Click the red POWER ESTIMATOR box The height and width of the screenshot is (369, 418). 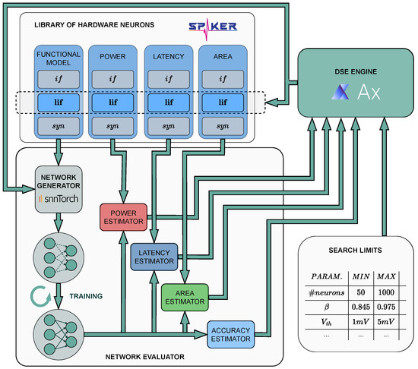click(x=122, y=216)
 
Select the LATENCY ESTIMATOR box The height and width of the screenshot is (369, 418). click(x=154, y=256)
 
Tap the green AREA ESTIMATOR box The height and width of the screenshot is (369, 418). click(x=183, y=297)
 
